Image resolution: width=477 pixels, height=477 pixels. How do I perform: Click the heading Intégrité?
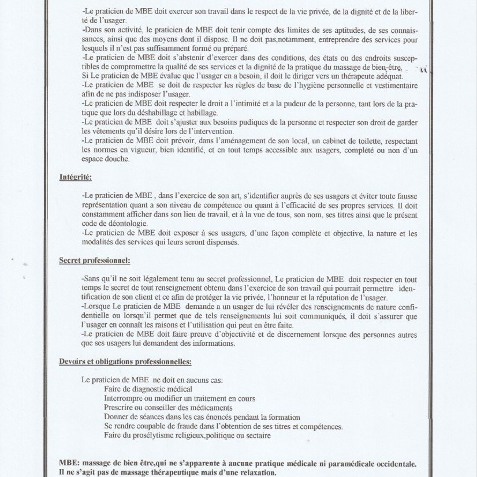pyautogui.click(x=76, y=177)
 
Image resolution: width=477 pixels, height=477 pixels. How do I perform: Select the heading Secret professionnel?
pyautogui.click(x=94, y=260)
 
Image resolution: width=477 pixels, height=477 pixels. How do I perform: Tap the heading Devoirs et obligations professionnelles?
pyautogui.click(x=125, y=362)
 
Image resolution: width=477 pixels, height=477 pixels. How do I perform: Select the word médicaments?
pyautogui.click(x=199, y=408)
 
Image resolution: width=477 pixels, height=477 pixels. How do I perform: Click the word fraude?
pyautogui.click(x=191, y=426)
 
